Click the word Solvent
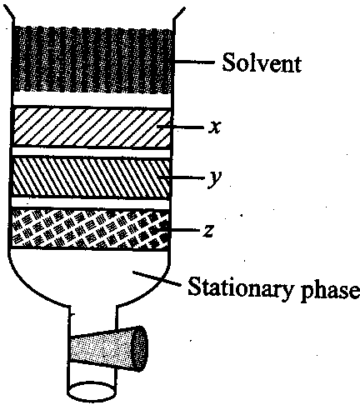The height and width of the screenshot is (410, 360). [262, 62]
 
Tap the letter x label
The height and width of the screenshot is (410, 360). [215, 127]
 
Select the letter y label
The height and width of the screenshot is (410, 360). [215, 178]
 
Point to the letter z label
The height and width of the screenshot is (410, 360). [208, 231]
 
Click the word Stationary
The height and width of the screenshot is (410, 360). [239, 287]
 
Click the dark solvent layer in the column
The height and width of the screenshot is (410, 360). [92, 59]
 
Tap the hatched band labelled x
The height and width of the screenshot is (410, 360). [92, 127]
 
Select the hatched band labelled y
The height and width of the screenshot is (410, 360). [92, 177]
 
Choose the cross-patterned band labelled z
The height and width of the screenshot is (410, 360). [91, 228]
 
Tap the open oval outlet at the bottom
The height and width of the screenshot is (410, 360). [92, 392]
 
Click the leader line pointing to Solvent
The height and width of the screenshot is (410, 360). [194, 62]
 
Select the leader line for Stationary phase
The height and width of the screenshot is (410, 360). [157, 278]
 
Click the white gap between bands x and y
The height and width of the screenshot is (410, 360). [91, 152]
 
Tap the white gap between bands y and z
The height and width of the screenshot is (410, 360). [91, 203]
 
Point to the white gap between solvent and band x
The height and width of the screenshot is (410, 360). [92, 99]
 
